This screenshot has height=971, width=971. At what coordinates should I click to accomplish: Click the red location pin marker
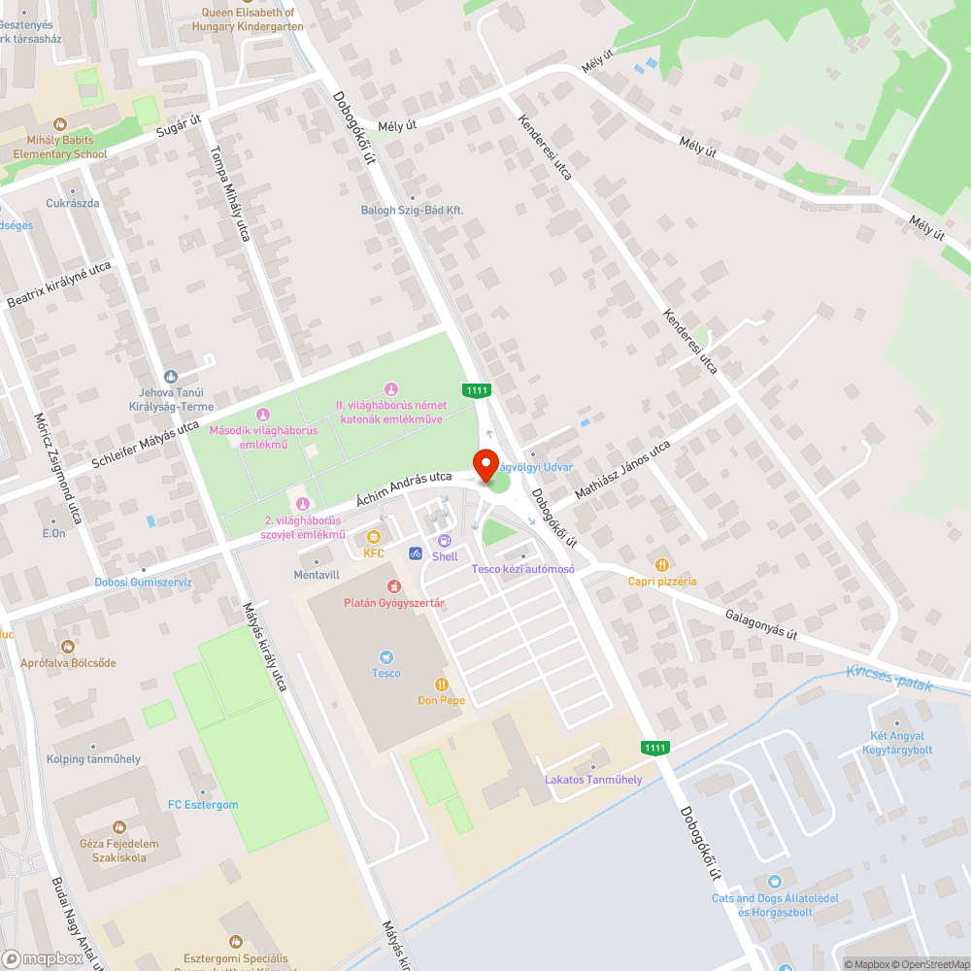tap(485, 463)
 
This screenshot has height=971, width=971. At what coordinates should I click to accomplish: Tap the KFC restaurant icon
tap(374, 537)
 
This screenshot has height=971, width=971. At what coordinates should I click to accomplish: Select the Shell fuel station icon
tap(445, 541)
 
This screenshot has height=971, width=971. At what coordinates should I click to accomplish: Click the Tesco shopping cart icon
tap(386, 656)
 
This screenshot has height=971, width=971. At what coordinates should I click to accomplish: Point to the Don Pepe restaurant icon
tap(441, 685)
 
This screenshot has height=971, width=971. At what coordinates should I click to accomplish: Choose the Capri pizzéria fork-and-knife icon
tap(662, 565)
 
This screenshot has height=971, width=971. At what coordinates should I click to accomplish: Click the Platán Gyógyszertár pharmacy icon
tap(394, 586)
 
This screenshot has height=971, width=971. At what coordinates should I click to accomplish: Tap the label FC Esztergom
tap(203, 804)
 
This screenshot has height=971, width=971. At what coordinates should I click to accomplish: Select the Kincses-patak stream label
tap(888, 678)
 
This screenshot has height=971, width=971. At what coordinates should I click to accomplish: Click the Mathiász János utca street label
tap(622, 469)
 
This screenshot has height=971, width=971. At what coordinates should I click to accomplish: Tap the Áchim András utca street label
tap(404, 489)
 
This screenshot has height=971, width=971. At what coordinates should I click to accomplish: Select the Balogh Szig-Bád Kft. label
tap(413, 210)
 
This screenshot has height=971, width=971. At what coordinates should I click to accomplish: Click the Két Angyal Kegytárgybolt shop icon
tap(897, 721)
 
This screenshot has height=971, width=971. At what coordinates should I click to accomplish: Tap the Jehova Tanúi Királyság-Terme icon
tap(171, 376)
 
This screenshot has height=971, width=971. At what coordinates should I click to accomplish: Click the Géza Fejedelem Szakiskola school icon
tap(118, 826)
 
